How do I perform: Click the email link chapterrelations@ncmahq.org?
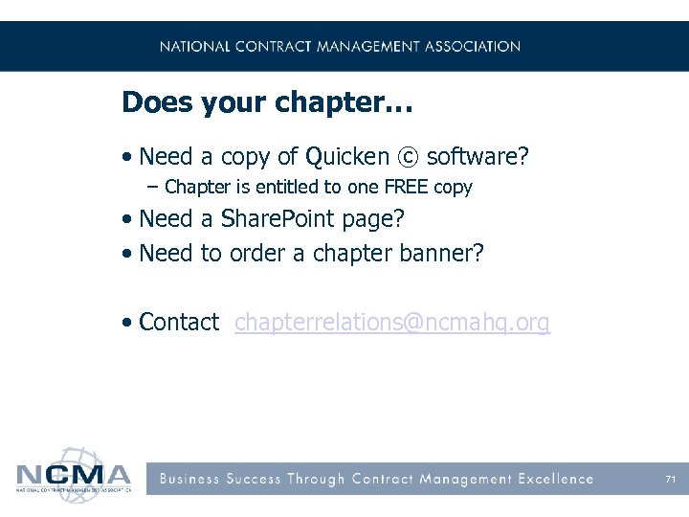coord(392,323)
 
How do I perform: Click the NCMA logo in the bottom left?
coord(73,471)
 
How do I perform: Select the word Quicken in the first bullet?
coord(346,157)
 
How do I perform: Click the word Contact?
coord(179,323)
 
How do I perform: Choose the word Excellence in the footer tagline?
coord(556,479)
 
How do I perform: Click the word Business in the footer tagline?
coord(189,479)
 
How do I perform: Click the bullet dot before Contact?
coord(127,324)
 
